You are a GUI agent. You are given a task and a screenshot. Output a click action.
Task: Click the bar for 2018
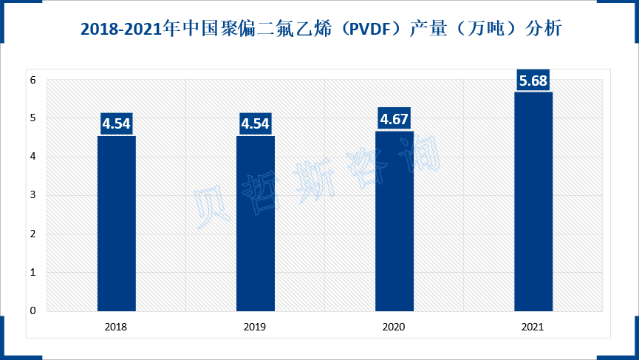point(117,223)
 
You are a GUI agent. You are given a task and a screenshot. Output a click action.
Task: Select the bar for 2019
point(256,223)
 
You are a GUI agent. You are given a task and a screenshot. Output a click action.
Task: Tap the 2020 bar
point(394,221)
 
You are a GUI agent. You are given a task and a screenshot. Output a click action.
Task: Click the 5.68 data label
point(533,81)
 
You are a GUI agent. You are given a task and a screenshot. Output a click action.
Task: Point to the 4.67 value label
point(394,120)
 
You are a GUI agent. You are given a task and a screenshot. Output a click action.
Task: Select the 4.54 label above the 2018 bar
point(117,124)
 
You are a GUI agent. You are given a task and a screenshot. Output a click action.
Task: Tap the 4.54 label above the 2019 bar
point(256,124)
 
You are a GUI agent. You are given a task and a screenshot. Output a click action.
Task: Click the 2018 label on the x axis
point(117,326)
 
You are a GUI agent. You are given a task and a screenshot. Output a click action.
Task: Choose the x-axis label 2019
point(256,326)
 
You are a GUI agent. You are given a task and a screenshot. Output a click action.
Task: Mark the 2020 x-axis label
point(394,326)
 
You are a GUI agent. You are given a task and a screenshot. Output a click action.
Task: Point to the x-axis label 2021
point(533,326)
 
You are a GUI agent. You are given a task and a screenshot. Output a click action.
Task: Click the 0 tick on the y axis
point(33,311)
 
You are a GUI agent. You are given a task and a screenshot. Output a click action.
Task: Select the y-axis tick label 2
point(33,234)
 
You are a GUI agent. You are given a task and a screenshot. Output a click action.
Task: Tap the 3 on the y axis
point(33,195)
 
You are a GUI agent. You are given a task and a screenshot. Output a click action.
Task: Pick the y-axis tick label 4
point(33,157)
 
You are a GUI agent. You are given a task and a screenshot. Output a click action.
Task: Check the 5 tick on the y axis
point(33,118)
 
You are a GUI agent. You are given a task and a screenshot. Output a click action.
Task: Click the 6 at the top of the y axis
point(33,80)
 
